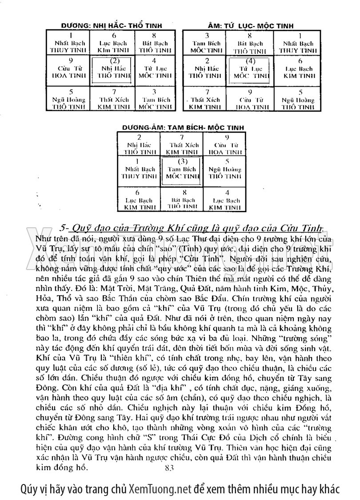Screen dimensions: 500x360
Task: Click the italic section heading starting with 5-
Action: (193, 227)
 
